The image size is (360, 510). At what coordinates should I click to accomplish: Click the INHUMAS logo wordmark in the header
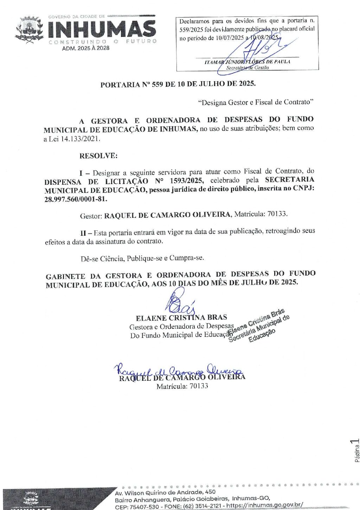[x=102, y=28]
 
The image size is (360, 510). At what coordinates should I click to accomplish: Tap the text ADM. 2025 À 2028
[x=85, y=48]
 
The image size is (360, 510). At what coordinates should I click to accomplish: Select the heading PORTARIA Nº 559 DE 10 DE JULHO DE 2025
[x=178, y=84]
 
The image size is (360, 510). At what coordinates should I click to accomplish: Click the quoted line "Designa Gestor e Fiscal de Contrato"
[x=256, y=102]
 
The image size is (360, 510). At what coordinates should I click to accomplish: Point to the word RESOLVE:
[x=98, y=156]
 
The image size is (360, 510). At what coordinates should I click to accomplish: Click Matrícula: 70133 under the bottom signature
[x=182, y=386]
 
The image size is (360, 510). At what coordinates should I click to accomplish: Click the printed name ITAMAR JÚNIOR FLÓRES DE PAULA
[x=247, y=62]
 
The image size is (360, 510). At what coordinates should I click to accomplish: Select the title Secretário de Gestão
[x=247, y=67]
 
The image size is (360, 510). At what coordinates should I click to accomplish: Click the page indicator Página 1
[x=356, y=450]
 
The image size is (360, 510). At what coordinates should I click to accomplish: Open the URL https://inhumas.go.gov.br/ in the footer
[x=264, y=506]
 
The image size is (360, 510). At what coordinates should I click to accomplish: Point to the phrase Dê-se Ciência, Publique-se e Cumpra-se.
[x=142, y=258]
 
